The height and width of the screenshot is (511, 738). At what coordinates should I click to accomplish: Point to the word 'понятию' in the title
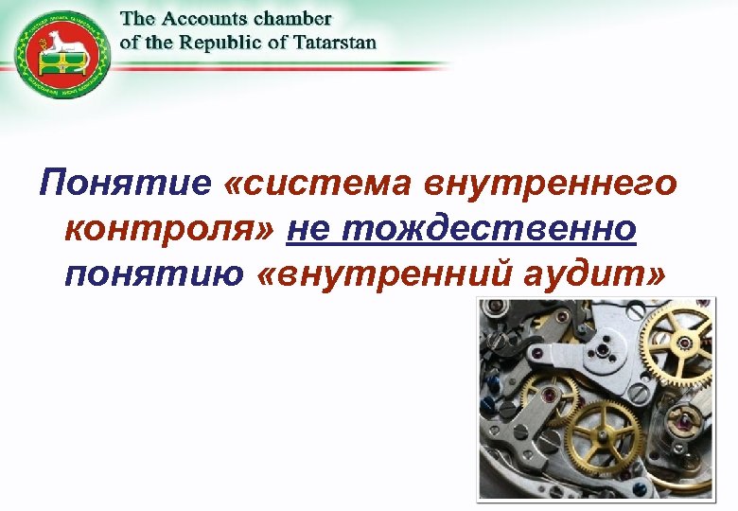point(151,274)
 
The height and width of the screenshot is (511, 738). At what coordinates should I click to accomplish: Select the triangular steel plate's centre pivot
point(602,351)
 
